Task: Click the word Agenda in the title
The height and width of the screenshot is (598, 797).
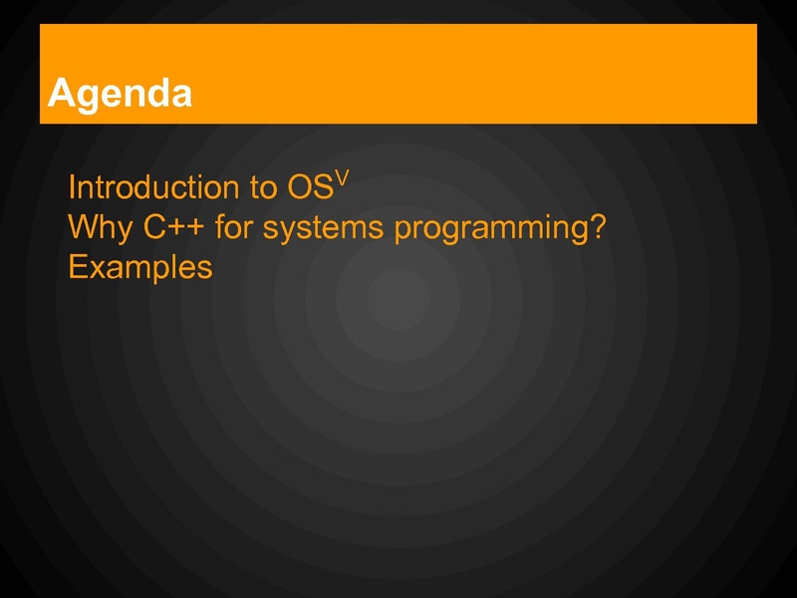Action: coord(120,94)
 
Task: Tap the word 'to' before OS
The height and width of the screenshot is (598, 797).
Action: coord(263,187)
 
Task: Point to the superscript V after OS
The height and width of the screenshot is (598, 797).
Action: coord(342,178)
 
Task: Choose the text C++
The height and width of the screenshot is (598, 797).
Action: coord(173,227)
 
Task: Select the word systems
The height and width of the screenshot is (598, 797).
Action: coord(323,229)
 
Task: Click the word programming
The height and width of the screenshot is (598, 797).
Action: coord(487,229)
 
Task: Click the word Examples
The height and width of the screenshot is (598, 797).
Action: coord(140,268)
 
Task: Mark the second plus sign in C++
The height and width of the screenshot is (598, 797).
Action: coord(196,228)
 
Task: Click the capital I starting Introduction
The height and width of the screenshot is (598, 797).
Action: coord(71,186)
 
